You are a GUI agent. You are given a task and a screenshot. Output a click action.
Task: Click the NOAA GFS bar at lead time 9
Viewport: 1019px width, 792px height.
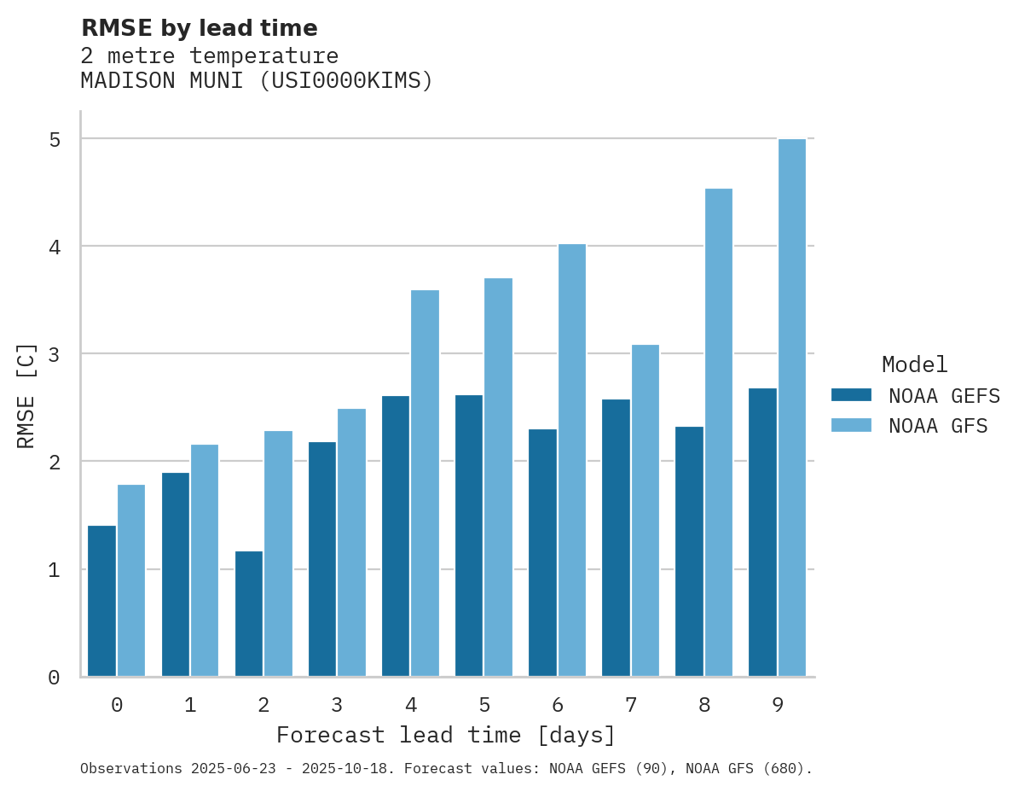pos(792,408)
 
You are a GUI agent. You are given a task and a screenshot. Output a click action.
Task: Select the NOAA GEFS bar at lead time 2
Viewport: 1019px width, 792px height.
pos(249,614)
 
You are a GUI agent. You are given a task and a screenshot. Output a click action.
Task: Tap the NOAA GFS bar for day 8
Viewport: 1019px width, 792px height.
pos(719,433)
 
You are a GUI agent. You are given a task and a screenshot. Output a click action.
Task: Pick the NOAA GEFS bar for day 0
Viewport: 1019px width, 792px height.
pos(102,601)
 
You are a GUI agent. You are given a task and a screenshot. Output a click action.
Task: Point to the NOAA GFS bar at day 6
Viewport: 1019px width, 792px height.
pos(572,460)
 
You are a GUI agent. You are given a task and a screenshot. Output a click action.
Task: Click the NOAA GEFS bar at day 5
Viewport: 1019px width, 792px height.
pos(469,535)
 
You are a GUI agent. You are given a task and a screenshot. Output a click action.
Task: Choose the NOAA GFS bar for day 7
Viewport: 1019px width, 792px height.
pos(646,510)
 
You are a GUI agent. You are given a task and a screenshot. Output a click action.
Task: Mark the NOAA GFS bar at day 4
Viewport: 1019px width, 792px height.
pos(426,483)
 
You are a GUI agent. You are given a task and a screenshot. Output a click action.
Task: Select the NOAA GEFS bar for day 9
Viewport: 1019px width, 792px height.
pos(762,533)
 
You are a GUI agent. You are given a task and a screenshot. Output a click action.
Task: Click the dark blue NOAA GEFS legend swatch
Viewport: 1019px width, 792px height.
pos(851,395)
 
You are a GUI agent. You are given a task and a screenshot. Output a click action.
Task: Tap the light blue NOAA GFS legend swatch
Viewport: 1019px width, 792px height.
pos(851,425)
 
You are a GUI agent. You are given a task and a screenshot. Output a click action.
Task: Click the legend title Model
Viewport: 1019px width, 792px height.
pos(914,364)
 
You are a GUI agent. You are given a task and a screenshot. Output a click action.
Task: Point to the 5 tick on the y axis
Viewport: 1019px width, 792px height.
pos(55,139)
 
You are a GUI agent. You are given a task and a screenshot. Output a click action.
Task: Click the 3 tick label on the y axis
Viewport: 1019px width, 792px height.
pos(55,354)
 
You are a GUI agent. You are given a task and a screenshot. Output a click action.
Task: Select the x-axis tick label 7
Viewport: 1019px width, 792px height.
pos(631,705)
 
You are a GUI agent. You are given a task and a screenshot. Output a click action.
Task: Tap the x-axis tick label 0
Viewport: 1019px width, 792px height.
pos(117,705)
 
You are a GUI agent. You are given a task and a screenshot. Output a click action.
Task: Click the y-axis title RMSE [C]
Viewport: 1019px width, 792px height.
pos(26,395)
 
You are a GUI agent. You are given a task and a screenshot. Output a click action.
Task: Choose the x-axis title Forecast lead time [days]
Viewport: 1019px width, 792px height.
pos(446,735)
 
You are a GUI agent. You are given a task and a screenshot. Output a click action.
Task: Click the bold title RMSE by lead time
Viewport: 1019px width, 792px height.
pos(199,28)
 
